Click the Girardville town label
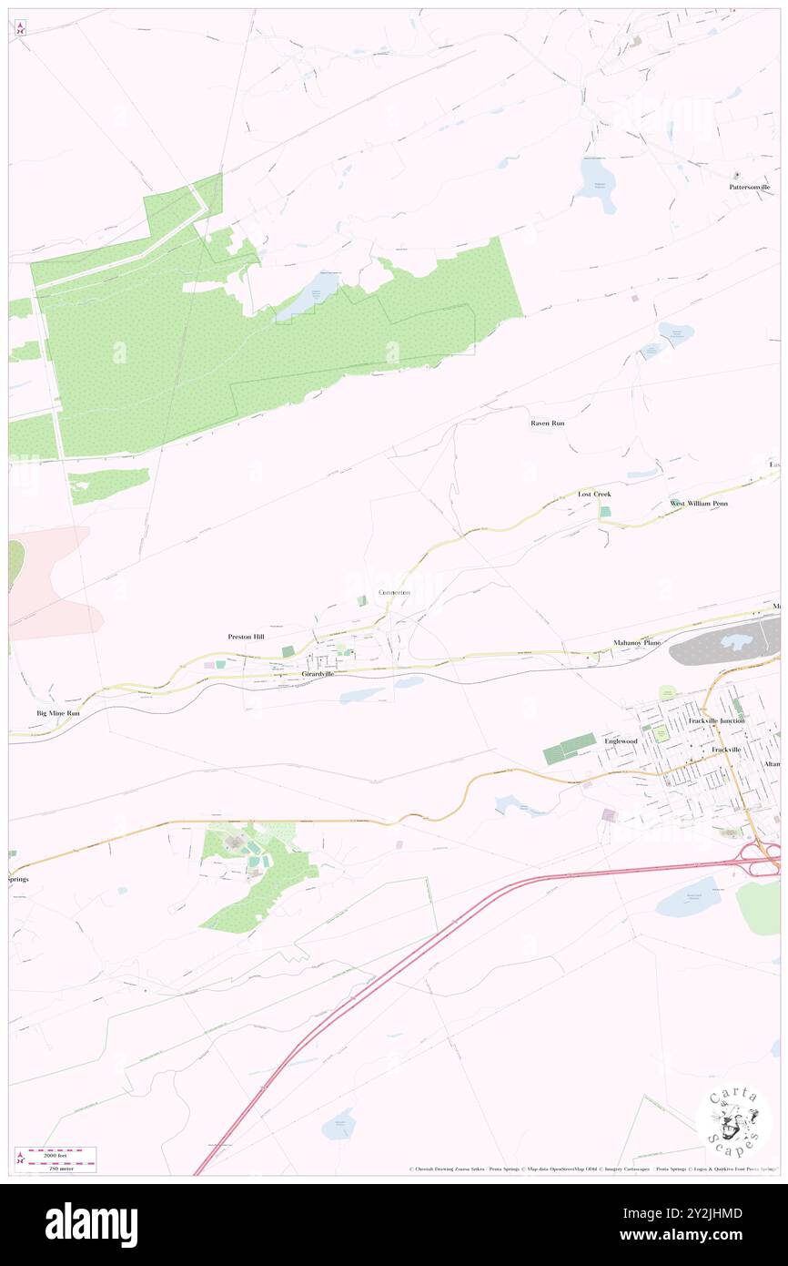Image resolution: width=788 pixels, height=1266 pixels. pyautogui.click(x=318, y=673)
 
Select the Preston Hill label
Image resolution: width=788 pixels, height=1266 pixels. pyautogui.click(x=246, y=637)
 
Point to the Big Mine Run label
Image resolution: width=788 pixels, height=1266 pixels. pyautogui.click(x=57, y=713)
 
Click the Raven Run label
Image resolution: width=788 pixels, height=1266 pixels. pyautogui.click(x=548, y=424)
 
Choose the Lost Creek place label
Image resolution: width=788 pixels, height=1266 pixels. pyautogui.click(x=594, y=494)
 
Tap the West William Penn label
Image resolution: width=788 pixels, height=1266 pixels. pyautogui.click(x=699, y=503)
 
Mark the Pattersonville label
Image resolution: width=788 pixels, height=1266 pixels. pyautogui.click(x=749, y=187)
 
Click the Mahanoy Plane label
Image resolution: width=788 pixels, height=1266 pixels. pyautogui.click(x=637, y=642)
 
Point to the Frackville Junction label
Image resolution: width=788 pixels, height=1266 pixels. pyautogui.click(x=719, y=720)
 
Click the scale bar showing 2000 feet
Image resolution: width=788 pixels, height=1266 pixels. pyautogui.click(x=62, y=1153)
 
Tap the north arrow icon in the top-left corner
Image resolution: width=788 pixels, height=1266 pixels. pyautogui.click(x=20, y=26)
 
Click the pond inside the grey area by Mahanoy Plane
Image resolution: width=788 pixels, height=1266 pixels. pyautogui.click(x=733, y=642)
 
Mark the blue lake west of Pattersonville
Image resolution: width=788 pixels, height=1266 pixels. pyautogui.click(x=595, y=182)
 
